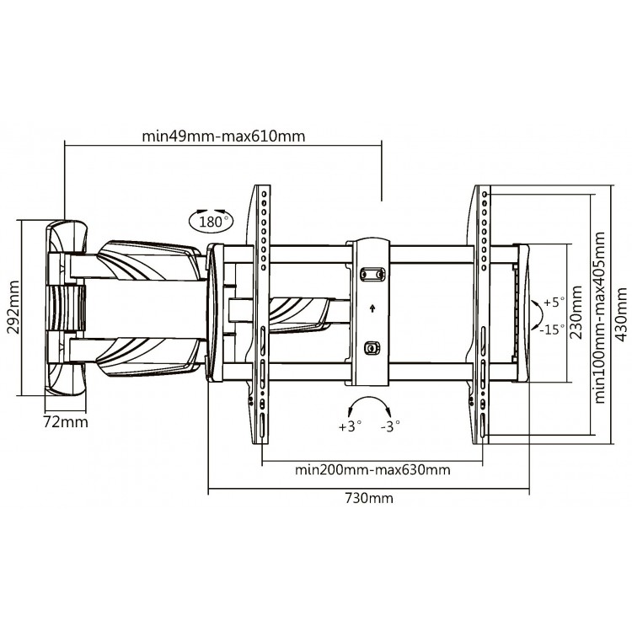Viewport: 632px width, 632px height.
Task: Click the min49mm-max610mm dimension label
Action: [x=223, y=137]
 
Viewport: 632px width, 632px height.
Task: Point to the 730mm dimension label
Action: [x=369, y=498]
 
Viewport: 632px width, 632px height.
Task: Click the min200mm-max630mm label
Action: [x=372, y=470]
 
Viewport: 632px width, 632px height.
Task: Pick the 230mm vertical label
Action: [x=576, y=313]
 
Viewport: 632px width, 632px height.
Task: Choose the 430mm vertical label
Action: [x=621, y=314]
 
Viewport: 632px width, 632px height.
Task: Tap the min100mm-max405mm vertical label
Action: [x=600, y=318]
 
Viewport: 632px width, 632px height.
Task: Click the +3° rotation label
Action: [x=350, y=426]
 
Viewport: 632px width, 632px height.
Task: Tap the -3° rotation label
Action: [x=390, y=426]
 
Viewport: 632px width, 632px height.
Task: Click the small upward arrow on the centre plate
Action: [x=372, y=308]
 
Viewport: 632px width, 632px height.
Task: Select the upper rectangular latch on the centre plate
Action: [x=372, y=274]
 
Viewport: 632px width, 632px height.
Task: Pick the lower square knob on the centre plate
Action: [x=372, y=347]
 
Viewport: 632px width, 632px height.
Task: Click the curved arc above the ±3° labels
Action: [x=369, y=399]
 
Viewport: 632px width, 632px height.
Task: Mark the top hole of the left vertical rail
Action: [x=264, y=194]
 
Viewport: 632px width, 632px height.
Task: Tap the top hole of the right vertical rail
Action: [x=484, y=195]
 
